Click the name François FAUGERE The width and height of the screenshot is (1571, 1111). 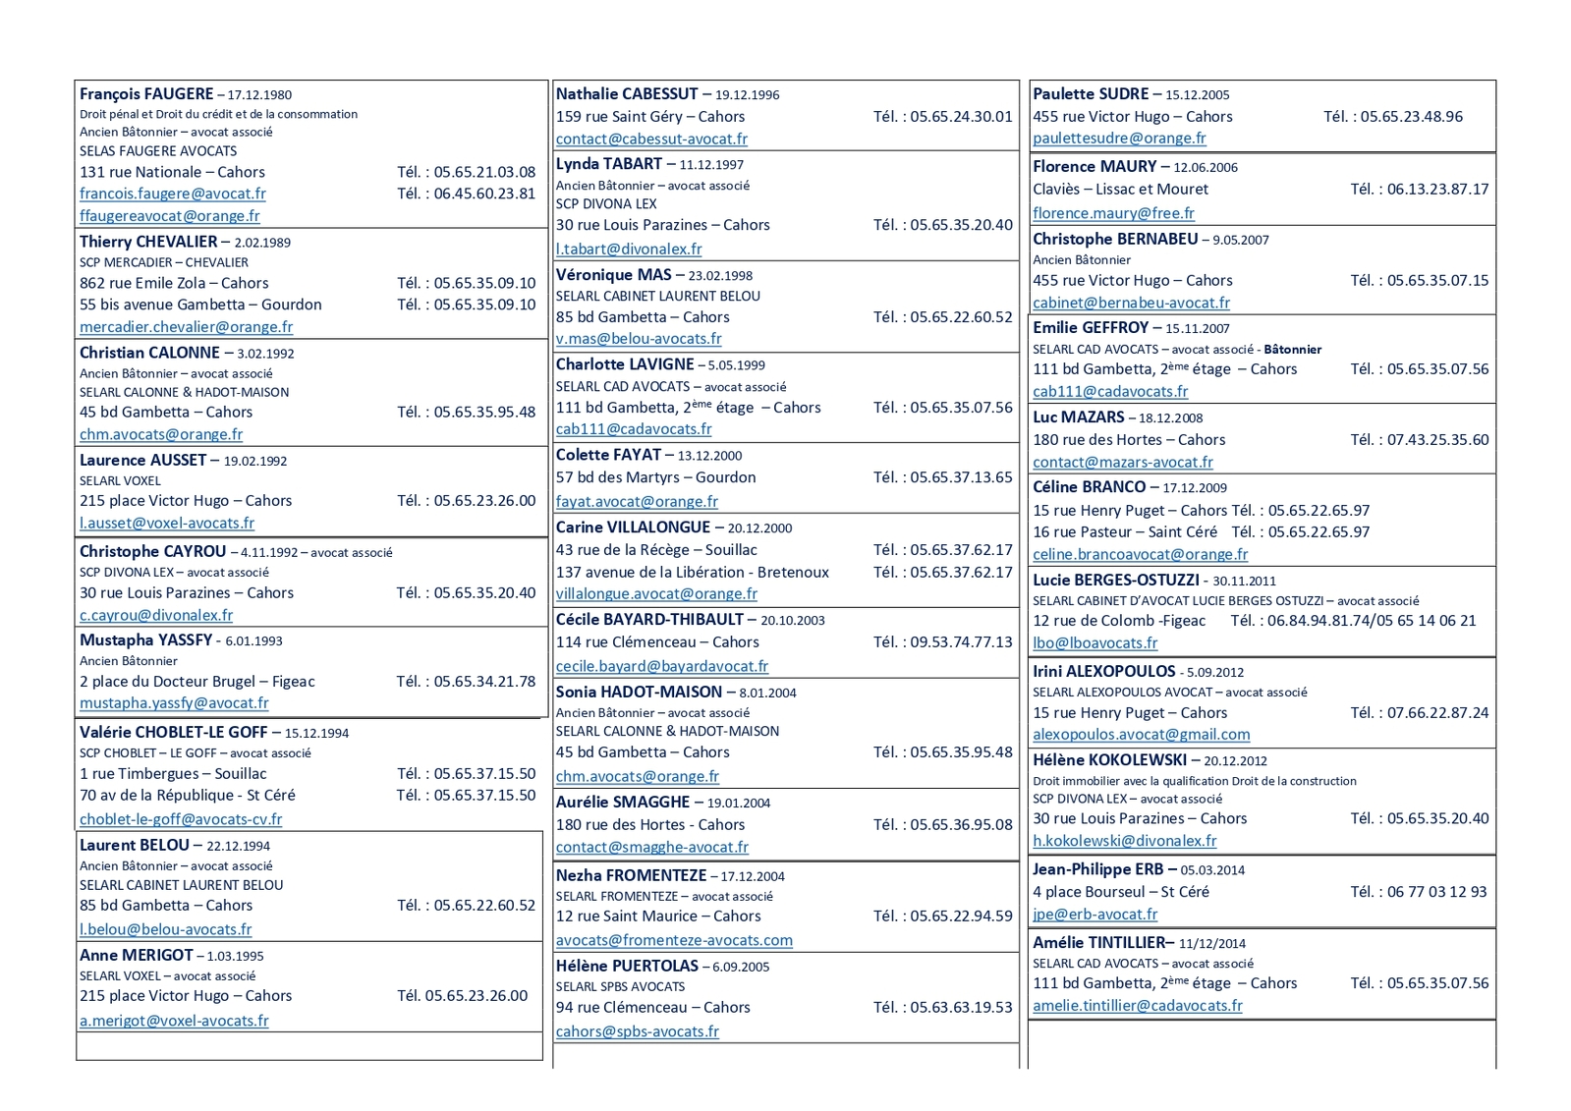pos(146,94)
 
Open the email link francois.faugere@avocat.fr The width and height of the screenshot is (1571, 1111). pos(173,194)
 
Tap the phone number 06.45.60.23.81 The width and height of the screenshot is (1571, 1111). pos(484,194)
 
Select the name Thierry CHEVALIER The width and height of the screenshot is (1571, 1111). pos(148,242)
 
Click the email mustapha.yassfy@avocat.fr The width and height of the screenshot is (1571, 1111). pos(174,703)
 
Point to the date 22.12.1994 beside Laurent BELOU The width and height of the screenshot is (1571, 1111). pos(238,846)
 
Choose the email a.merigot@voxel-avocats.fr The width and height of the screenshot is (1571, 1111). pos(174,1021)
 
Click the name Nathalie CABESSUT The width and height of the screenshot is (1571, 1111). pos(627,94)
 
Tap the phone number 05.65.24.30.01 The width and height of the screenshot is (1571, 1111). pos(961,116)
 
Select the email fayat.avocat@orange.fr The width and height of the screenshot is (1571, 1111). pos(637,501)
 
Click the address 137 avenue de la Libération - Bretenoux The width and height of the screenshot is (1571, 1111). pos(693,572)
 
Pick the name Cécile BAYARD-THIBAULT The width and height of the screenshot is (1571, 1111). pos(649,620)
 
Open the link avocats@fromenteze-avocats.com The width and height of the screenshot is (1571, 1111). pos(674,940)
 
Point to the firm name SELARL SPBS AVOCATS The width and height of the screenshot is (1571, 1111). pos(620,986)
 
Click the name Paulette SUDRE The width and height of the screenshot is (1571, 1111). pos(1091,94)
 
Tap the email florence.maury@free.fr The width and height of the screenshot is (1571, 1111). pos(1113,213)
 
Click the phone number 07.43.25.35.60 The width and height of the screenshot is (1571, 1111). pos(1437,439)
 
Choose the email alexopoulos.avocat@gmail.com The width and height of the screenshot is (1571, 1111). pos(1141,735)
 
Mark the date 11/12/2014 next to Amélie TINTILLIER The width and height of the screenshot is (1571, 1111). pos(1212,943)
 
